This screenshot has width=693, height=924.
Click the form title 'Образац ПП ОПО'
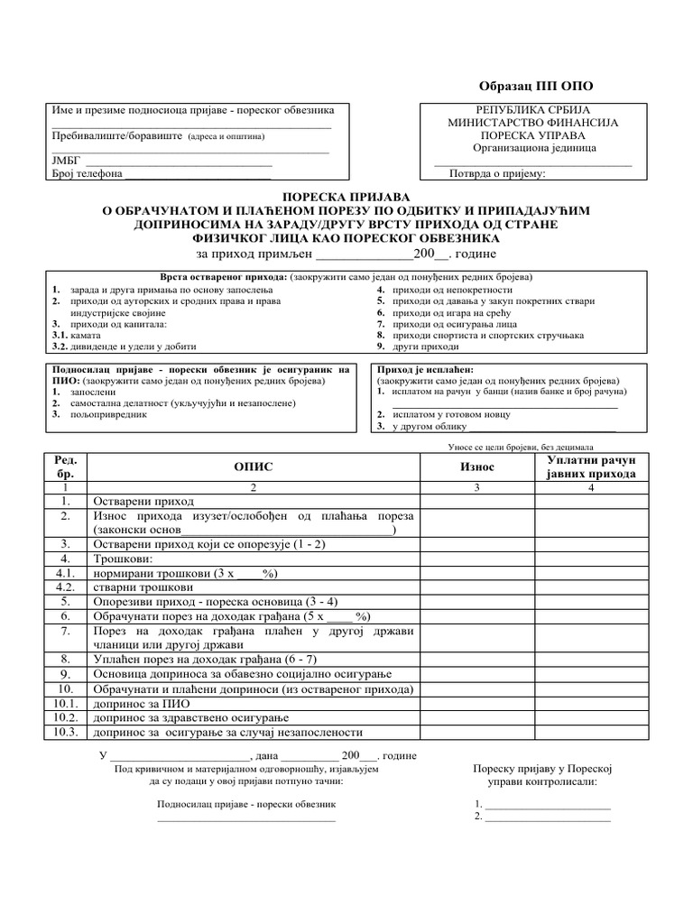click(x=535, y=86)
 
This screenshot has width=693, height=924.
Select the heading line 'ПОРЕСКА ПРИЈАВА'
click(x=346, y=196)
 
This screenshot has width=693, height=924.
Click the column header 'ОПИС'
click(x=253, y=467)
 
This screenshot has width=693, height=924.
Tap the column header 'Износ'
click(x=477, y=467)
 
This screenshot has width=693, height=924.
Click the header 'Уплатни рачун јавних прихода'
click(x=591, y=467)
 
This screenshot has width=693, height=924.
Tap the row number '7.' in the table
click(x=66, y=631)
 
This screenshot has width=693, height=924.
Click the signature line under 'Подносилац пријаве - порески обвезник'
click(x=246, y=819)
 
